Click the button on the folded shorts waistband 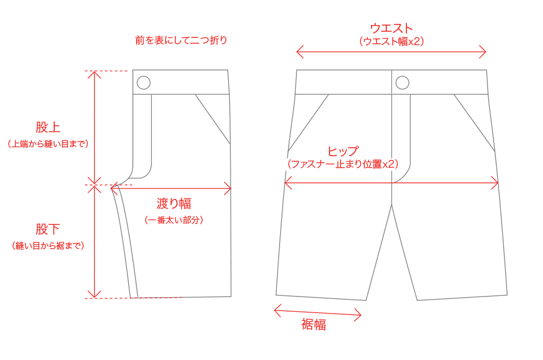pyautogui.click(x=143, y=82)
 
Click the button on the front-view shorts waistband pyautogui.click(x=402, y=82)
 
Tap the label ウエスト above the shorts pyautogui.click(x=392, y=28)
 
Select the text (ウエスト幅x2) pyautogui.click(x=392, y=41)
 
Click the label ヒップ pyautogui.click(x=343, y=151)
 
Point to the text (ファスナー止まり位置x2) pyautogui.click(x=343, y=164)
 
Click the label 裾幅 pyautogui.click(x=314, y=325)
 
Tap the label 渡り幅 pyautogui.click(x=174, y=203)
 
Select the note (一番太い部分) pyautogui.click(x=174, y=220)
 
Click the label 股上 pyautogui.click(x=48, y=128)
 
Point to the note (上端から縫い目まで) pyautogui.click(x=48, y=144)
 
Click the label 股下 pyautogui.click(x=48, y=229)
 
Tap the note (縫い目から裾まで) pyautogui.click(x=48, y=245)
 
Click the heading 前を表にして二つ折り pyautogui.click(x=181, y=41)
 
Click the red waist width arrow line pyautogui.click(x=392, y=52)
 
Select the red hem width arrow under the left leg pyautogui.click(x=317, y=313)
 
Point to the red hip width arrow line pyautogui.click(x=439, y=182)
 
